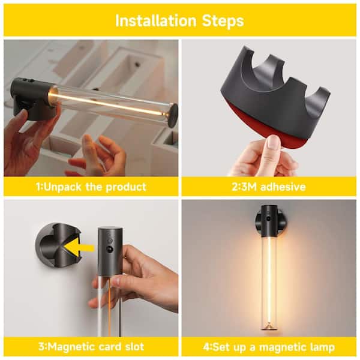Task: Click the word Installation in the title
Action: pos(155,21)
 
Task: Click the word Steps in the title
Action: pos(223,22)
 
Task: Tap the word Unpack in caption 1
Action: pos(62,187)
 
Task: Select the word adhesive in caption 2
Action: pos(283,187)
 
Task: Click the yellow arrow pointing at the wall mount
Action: pos(79,248)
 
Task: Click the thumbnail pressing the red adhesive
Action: pos(272,143)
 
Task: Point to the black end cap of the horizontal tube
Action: pos(172,115)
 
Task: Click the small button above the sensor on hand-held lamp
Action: pos(110,241)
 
